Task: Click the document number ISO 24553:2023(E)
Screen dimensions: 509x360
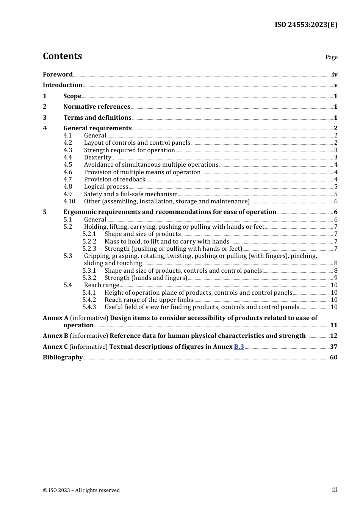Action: coord(306,25)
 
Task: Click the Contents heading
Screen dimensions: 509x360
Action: coord(62,56)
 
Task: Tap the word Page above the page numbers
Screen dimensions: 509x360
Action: coord(331,57)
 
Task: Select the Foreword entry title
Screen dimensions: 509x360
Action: coord(58,75)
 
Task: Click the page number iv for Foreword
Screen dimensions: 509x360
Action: coord(335,75)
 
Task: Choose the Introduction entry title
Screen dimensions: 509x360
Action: coord(63,85)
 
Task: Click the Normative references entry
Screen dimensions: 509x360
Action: coord(97,107)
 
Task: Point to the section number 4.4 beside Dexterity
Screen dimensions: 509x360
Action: coord(68,158)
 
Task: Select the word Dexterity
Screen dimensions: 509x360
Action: coord(98,158)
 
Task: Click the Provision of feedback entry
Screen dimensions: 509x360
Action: coord(115,180)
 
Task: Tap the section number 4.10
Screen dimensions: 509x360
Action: coord(69,201)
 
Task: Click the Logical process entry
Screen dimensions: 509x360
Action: coord(106,187)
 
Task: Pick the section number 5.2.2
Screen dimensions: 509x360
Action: coord(89,242)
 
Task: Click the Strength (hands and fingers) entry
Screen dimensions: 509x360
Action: coord(146,278)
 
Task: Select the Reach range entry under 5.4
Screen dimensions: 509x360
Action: coord(102,285)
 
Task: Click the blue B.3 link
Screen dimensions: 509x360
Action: coord(239,347)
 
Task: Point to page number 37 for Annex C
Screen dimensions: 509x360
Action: coord(333,347)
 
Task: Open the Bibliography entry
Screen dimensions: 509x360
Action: coord(63,358)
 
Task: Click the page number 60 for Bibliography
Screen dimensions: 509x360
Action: coord(333,358)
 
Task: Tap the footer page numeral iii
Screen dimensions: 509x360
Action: coord(335,490)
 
